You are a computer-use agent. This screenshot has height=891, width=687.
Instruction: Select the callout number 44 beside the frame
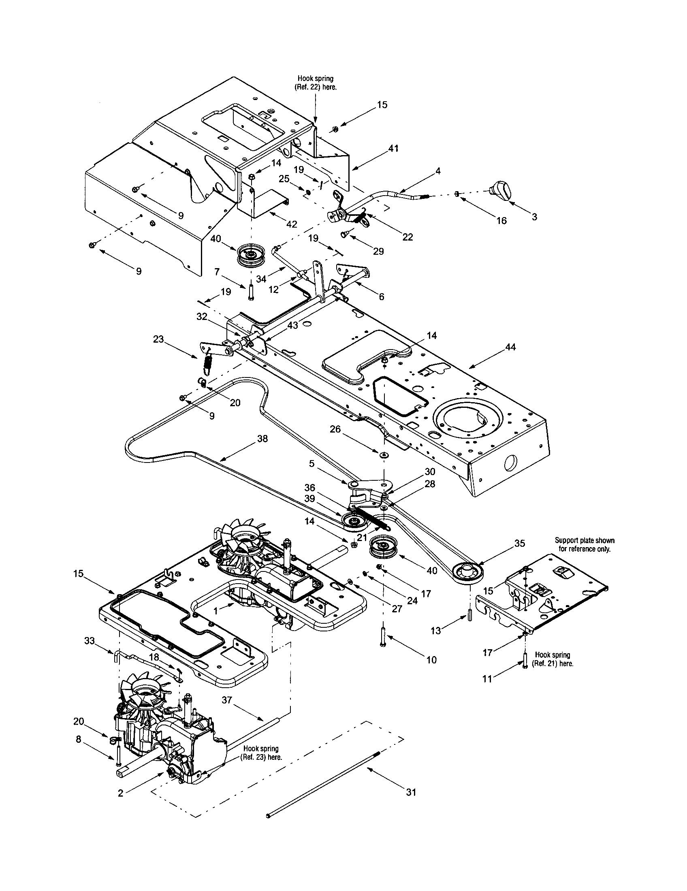510,347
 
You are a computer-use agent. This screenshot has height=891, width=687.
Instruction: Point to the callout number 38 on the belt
262,439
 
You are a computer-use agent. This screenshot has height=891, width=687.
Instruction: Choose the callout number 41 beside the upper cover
394,149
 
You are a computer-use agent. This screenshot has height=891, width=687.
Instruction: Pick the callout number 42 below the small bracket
292,224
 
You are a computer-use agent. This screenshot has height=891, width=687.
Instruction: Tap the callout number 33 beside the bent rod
90,641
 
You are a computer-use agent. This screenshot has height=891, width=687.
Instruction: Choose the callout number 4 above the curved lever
438,171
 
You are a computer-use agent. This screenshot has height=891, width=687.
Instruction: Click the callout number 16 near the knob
501,220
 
